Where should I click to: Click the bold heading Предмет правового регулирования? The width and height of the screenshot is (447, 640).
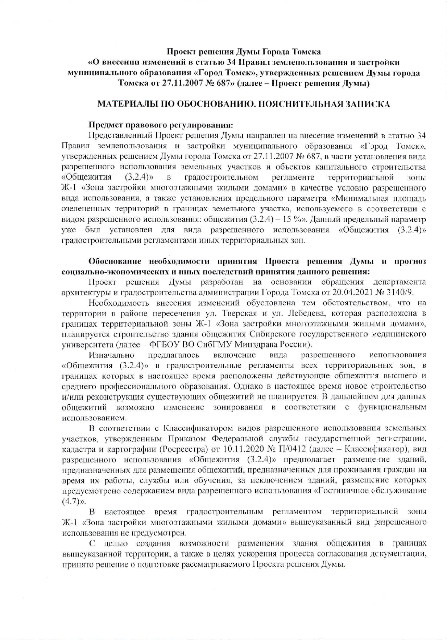tap(161, 125)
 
